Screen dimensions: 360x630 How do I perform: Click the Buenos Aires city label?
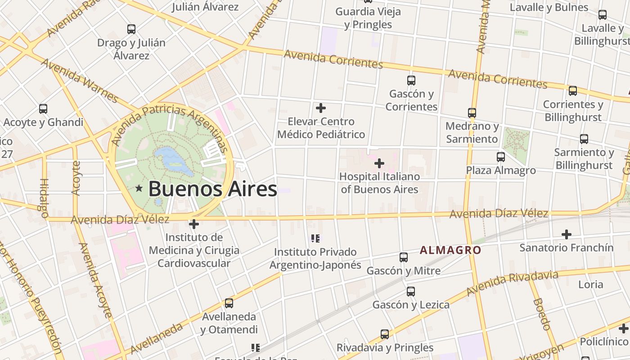click(212, 189)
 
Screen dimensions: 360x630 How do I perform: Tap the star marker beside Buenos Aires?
click(139, 189)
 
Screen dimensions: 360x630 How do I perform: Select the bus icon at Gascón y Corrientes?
click(411, 81)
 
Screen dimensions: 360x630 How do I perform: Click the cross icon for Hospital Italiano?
click(379, 163)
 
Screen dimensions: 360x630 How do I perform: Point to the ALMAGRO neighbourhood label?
click(450, 250)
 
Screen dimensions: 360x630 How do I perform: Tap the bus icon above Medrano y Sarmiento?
click(472, 113)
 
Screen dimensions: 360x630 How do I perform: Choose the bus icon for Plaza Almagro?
click(500, 157)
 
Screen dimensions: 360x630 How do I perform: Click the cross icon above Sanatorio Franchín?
click(566, 234)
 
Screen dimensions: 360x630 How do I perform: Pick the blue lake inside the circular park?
click(174, 160)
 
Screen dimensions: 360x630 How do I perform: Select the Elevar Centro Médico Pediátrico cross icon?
click(321, 108)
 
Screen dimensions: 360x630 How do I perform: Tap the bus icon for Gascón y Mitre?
click(404, 257)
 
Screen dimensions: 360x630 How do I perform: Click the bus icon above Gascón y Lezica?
click(410, 292)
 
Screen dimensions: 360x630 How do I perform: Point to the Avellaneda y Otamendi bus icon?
click(229, 303)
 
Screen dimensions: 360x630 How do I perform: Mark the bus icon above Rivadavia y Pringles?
click(384, 334)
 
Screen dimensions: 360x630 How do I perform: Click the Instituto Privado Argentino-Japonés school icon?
click(315, 238)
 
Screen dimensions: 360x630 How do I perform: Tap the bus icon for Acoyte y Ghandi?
click(43, 109)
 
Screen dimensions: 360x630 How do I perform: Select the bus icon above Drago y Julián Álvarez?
click(131, 29)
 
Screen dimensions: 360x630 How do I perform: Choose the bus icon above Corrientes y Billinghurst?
click(572, 91)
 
